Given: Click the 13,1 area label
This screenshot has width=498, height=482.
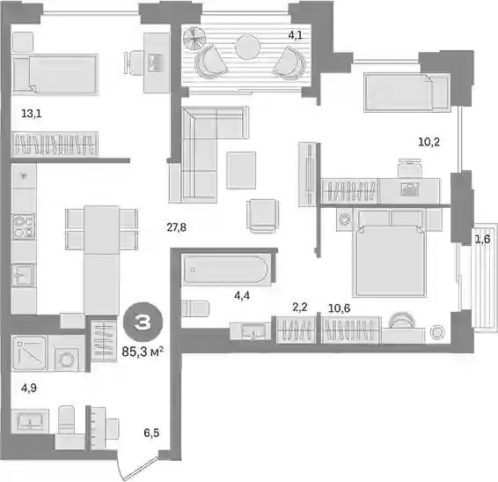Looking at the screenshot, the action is pyautogui.click(x=31, y=114).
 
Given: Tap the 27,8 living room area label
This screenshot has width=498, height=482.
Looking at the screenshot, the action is pyautogui.click(x=177, y=227).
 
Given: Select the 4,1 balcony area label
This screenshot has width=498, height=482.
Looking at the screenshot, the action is pyautogui.click(x=296, y=35).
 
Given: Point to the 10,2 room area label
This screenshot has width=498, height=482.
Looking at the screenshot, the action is pyautogui.click(x=428, y=142).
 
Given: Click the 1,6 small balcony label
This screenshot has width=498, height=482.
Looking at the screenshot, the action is pyautogui.click(x=482, y=239).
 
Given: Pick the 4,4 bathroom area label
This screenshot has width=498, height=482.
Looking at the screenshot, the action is pyautogui.click(x=242, y=296).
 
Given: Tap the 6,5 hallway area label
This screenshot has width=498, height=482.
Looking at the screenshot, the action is pyautogui.click(x=151, y=433).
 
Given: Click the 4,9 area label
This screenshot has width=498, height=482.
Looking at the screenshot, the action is pyautogui.click(x=29, y=388).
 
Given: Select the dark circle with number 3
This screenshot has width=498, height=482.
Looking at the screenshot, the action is pyautogui.click(x=143, y=322).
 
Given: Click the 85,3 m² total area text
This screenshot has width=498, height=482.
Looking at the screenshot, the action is pyautogui.click(x=143, y=352).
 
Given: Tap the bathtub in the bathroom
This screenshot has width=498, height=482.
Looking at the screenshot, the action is pyautogui.click(x=226, y=269).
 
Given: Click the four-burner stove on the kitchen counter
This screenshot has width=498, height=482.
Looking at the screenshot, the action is pyautogui.click(x=23, y=226).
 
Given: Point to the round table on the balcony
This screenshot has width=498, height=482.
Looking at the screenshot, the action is pyautogui.click(x=248, y=47).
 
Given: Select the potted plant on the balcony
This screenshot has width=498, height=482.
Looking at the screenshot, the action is pyautogui.click(x=194, y=39).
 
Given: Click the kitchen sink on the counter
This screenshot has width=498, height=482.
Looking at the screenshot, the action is pyautogui.click(x=22, y=275).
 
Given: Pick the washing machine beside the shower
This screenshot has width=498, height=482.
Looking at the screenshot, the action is pyautogui.click(x=66, y=352).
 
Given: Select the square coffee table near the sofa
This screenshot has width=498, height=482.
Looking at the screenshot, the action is pyautogui.click(x=241, y=170).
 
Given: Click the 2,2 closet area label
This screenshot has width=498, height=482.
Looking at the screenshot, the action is pyautogui.click(x=299, y=308).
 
